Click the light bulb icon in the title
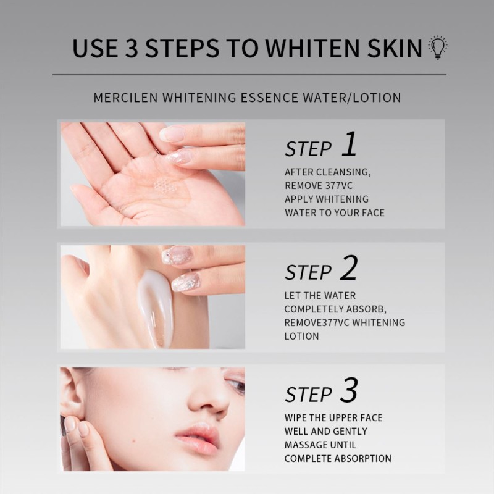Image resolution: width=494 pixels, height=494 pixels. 438,48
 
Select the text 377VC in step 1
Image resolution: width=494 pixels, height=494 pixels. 339,185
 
